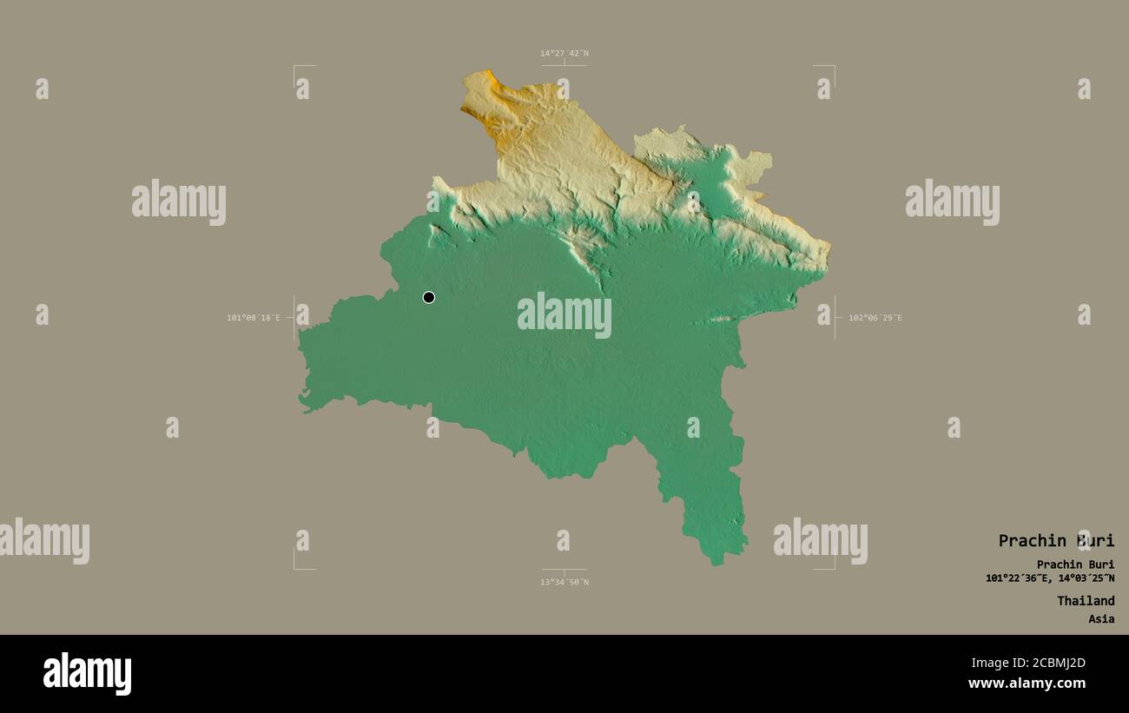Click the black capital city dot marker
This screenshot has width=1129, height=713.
pyautogui.click(x=428, y=297)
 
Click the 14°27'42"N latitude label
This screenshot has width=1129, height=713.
pyautogui.click(x=564, y=53)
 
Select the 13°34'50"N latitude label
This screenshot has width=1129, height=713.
pyautogui.click(x=564, y=582)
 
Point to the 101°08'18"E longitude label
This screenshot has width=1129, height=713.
pyautogui.click(x=254, y=318)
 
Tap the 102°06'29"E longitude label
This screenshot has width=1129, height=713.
pyautogui.click(x=875, y=318)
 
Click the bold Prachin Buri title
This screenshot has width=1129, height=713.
pyautogui.click(x=1055, y=540)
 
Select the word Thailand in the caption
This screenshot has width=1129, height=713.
pyautogui.click(x=1086, y=601)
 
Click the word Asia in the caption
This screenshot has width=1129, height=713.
pyautogui.click(x=1101, y=619)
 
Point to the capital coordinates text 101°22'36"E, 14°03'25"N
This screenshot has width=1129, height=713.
pyautogui.click(x=1050, y=578)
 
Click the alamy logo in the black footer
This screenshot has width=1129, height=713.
pyautogui.click(x=87, y=674)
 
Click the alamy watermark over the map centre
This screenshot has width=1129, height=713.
pyautogui.click(x=564, y=314)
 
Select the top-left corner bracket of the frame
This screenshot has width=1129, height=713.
pyautogui.click(x=295, y=67)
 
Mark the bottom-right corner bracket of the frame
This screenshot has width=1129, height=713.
pyautogui.click(x=833, y=568)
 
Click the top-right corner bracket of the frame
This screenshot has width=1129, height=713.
pyautogui.click(x=833, y=67)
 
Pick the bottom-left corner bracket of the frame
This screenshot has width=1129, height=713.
pyautogui.click(x=295, y=568)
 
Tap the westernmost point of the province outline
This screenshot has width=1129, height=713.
pyautogui.click(x=300, y=347)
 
